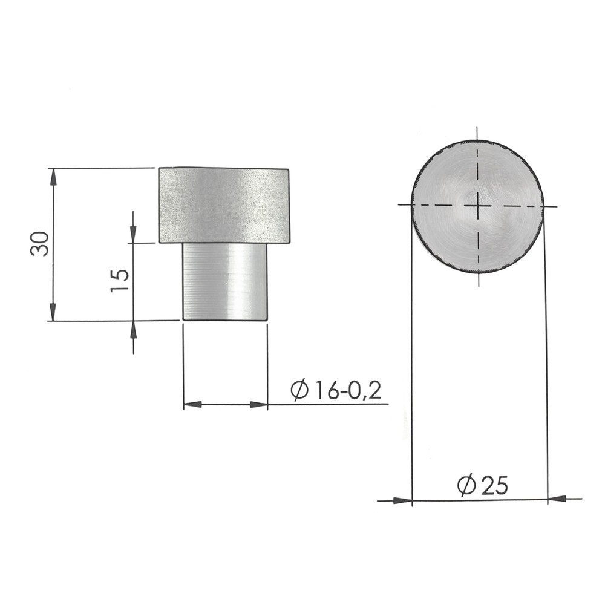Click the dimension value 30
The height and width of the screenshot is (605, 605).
40,243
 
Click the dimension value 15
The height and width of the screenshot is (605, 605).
120,281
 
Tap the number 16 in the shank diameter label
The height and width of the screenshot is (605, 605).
326,391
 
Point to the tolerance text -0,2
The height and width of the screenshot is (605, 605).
361,391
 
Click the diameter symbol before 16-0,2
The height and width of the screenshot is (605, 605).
299,391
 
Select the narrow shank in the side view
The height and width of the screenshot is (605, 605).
225,282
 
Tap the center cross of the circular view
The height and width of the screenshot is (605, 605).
477,206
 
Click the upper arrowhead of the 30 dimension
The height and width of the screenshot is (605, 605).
53,177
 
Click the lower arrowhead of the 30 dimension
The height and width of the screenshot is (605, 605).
53,312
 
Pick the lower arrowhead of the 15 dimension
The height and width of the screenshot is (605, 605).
133,329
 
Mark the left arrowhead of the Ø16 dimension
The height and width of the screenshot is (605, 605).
192,404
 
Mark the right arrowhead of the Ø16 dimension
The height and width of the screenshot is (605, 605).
259,404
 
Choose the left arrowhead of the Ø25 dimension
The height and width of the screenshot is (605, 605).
402,500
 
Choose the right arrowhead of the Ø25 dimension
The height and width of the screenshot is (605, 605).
557,499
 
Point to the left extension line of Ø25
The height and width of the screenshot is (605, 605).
411,363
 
